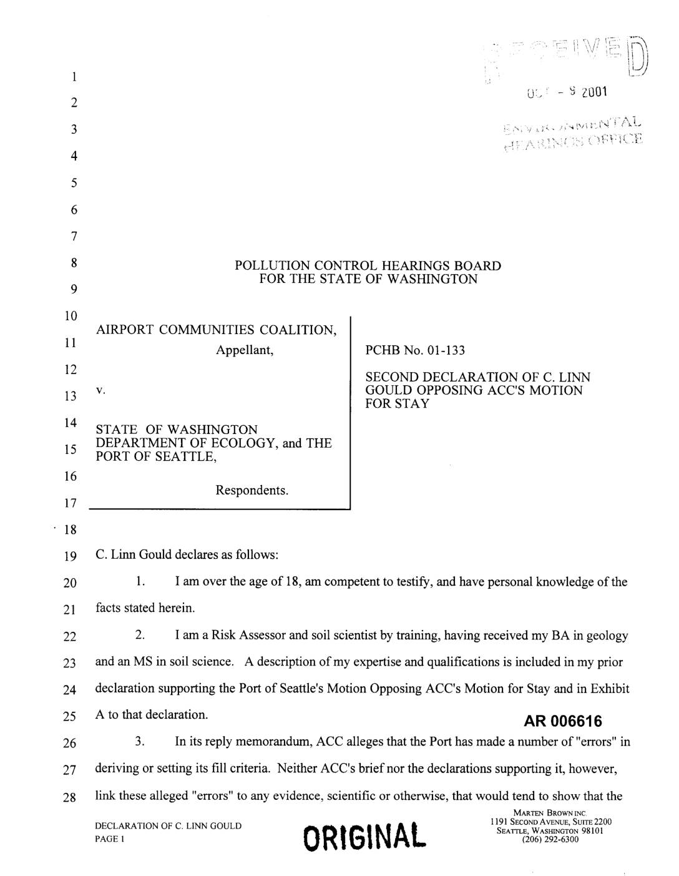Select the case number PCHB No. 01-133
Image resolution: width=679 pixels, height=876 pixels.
tap(415, 350)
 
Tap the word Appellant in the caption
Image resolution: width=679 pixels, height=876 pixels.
tap(245, 350)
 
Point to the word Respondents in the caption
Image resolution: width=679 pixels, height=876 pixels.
tap(252, 490)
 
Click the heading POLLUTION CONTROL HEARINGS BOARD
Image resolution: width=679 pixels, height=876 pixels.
tap(368, 265)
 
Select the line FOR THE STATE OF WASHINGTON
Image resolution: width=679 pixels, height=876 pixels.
tap(368, 278)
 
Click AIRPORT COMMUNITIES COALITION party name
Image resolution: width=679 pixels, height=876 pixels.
tap(217, 330)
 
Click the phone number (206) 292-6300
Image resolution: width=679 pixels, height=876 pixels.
tap(549, 839)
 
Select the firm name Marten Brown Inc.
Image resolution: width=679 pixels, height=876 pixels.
tap(549, 813)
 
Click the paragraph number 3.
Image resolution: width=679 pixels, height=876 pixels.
tap(140, 742)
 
